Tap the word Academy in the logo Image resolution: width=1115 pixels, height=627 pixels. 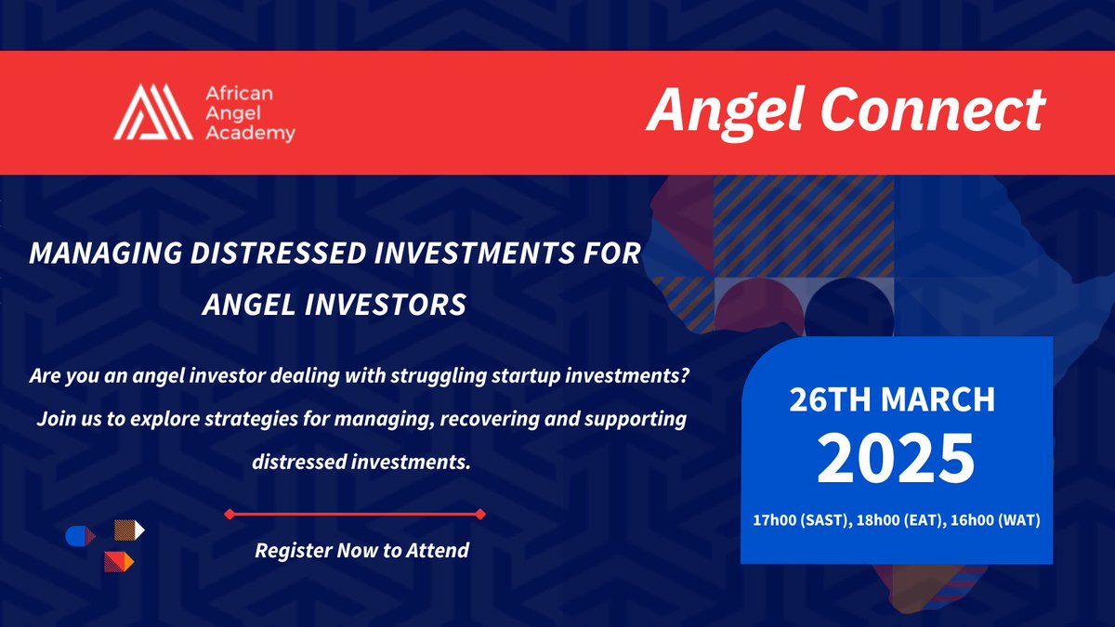[x=248, y=134]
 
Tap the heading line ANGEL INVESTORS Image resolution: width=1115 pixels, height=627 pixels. [x=334, y=305]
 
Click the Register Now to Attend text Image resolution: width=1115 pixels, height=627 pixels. [x=361, y=550]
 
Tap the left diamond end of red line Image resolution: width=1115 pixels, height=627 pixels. [x=229, y=513]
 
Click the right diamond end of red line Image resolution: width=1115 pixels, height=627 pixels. [x=479, y=513]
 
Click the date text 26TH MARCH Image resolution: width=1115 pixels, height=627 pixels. [x=893, y=399]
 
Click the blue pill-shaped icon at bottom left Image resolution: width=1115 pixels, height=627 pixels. [x=78, y=536]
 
